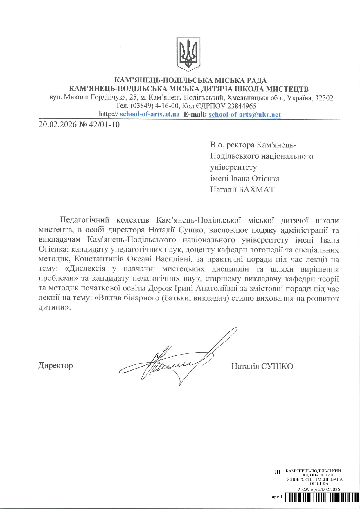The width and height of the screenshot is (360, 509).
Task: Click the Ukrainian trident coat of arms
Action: [x=188, y=54]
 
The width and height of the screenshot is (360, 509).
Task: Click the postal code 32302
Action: [x=324, y=98]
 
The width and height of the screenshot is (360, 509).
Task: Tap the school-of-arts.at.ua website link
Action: [x=150, y=114]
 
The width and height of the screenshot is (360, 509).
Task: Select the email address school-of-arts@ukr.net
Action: [x=244, y=114]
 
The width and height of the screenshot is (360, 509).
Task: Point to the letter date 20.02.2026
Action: [x=57, y=125]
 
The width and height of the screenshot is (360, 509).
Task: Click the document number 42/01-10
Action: [x=105, y=125]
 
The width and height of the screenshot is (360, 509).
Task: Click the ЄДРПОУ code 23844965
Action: [x=242, y=106]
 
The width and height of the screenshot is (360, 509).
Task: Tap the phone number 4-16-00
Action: [x=167, y=106]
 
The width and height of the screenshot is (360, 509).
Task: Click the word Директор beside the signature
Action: [x=55, y=365]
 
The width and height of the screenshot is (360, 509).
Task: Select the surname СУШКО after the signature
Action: [x=277, y=366]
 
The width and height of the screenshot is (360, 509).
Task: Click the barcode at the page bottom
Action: [x=322, y=497]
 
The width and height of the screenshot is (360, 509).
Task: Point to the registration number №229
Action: [x=304, y=489]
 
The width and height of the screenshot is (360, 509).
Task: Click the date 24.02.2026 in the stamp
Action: [x=329, y=489]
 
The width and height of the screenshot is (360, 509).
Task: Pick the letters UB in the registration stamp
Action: [x=276, y=472]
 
